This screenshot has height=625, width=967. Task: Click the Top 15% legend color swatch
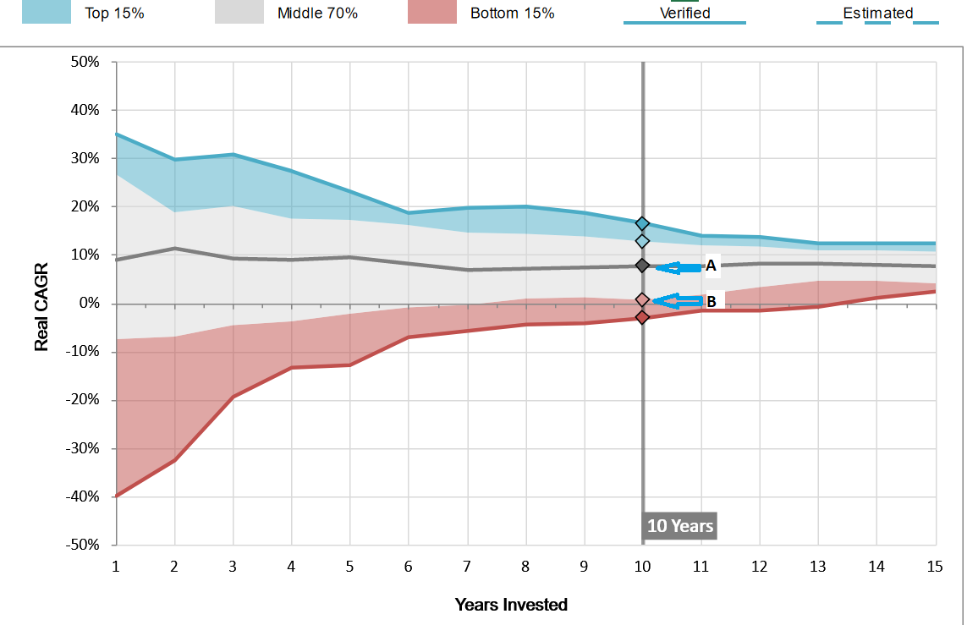tap(47, 12)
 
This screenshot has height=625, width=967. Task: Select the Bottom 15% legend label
tap(512, 14)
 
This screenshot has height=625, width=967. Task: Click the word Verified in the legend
tap(684, 13)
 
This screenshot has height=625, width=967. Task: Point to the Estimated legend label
tap(877, 13)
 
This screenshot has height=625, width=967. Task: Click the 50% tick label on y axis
tap(86, 62)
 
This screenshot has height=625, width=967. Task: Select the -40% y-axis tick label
tap(84, 496)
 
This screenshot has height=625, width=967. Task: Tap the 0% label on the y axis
tap(90, 304)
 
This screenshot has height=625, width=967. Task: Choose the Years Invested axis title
tap(511, 605)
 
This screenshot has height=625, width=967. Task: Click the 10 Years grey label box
tap(679, 525)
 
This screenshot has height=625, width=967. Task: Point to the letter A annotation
tap(711, 266)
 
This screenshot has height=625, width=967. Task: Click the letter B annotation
tap(711, 301)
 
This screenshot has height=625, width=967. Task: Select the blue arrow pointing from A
tap(679, 267)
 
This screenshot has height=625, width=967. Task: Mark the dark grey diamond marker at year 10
tap(642, 266)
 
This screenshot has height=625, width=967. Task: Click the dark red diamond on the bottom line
tap(642, 317)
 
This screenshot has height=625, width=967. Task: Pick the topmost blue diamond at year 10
tap(642, 223)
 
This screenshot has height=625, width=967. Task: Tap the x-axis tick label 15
tap(935, 567)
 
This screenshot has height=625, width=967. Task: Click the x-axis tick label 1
tap(116, 567)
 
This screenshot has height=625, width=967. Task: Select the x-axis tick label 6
tap(408, 567)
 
